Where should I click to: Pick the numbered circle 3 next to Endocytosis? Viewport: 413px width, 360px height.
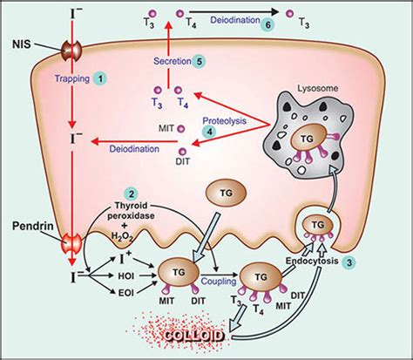pos(349,262)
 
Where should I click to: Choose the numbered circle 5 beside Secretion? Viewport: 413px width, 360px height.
pos(200,61)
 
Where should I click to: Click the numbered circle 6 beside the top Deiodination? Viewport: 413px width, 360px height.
pos(267,25)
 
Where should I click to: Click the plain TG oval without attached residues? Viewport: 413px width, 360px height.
pos(220,192)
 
